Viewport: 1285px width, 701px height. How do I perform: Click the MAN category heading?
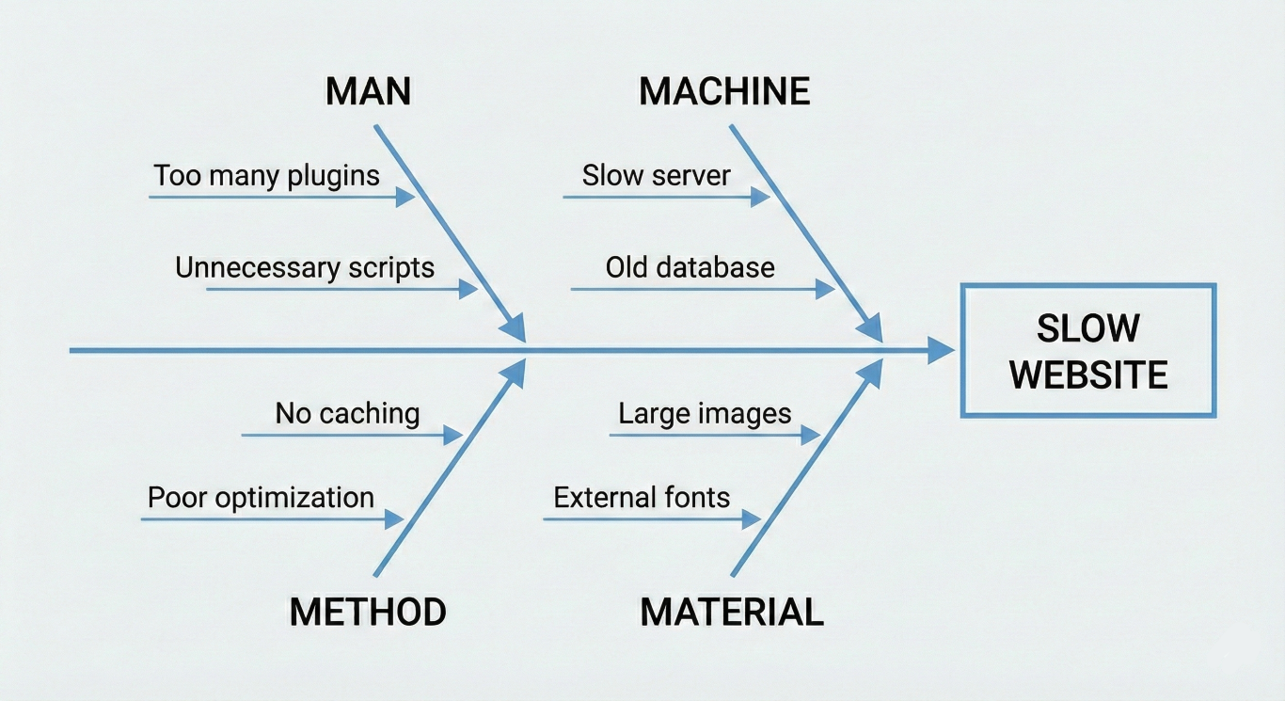368,91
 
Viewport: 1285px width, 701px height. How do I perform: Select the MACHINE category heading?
724,91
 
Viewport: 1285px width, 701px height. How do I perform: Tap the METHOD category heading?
368,612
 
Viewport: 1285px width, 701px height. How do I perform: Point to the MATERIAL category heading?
732,612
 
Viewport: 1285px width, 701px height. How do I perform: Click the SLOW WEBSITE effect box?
1087,350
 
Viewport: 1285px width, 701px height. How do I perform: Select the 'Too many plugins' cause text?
267,175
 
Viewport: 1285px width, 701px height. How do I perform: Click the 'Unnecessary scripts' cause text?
305,267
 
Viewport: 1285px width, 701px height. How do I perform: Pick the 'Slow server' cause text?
657,175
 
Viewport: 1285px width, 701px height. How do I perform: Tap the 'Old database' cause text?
690,267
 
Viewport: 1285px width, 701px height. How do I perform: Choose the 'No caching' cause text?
347,413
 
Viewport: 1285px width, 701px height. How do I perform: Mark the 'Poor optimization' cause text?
261,497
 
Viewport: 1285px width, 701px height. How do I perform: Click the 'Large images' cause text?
705,413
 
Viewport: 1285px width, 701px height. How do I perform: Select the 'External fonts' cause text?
642,497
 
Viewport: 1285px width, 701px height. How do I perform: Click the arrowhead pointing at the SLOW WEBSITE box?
942,351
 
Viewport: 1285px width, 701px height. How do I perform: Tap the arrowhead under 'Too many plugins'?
405,197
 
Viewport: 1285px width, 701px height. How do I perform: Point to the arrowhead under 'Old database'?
825,289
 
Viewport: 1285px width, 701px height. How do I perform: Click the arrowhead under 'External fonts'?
752,518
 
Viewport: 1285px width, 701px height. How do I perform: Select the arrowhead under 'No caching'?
453,435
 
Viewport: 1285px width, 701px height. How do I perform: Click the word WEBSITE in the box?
1088,374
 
